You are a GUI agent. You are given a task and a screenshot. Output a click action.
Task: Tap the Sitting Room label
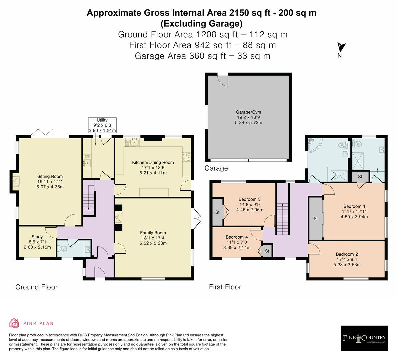[x=50, y=176]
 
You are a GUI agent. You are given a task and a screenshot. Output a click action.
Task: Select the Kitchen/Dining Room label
[x=153, y=163]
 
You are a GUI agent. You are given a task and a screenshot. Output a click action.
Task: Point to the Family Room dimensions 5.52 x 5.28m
[x=153, y=243]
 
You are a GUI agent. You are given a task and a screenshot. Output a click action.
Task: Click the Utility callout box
[x=102, y=125]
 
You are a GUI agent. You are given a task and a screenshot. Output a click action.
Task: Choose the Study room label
[x=37, y=237]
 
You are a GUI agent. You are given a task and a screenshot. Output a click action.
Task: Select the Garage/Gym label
[x=248, y=112]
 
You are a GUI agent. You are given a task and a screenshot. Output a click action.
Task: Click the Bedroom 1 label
[x=354, y=206]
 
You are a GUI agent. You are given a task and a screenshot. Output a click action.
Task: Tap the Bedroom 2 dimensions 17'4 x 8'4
[x=347, y=259]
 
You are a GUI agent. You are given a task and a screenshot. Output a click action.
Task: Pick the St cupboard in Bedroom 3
[x=217, y=212]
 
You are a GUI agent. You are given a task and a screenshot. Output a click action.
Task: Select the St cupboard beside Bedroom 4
[x=267, y=251]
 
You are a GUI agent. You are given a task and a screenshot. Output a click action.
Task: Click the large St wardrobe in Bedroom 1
[x=316, y=218]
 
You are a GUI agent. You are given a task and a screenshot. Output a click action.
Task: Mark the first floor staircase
[x=282, y=219]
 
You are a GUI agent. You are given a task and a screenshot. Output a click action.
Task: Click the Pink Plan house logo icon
[x=14, y=323]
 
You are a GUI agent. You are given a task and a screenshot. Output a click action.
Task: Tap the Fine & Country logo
[x=364, y=338]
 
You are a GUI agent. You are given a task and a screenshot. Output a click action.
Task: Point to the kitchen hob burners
[x=187, y=156]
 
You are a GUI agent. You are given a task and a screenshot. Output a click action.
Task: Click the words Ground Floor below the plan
[x=36, y=287]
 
